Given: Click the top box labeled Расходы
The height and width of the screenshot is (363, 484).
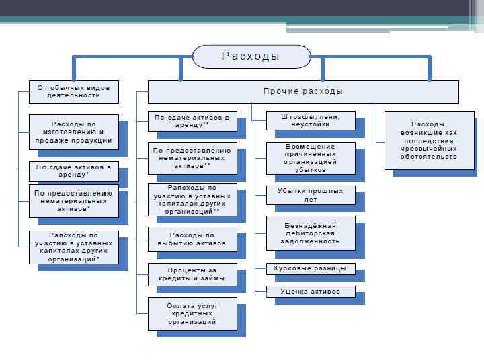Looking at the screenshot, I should click(x=251, y=56).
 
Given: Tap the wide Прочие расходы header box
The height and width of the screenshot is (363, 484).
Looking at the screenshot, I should click(x=303, y=91).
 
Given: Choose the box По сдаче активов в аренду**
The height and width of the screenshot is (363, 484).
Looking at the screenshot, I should click(x=192, y=121).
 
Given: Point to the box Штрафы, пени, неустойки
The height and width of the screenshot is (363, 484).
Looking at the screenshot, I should click(x=311, y=120).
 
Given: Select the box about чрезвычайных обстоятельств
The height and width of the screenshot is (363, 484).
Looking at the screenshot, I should click(x=429, y=140).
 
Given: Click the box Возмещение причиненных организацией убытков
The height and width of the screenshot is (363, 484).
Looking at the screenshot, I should click(x=311, y=157).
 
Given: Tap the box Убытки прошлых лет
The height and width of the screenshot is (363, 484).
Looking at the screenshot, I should click(x=311, y=195).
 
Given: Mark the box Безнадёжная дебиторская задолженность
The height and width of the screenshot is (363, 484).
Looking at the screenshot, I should click(x=311, y=233).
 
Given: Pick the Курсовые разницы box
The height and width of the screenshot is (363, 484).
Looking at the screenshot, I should click(x=311, y=268).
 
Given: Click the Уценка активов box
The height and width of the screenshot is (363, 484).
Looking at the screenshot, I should click(x=311, y=292).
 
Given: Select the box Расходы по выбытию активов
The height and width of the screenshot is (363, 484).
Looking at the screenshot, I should click(x=192, y=239).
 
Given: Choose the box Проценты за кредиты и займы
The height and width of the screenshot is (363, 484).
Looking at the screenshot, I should click(x=192, y=274).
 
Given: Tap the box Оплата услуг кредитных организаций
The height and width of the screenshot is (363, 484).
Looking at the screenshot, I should click(x=192, y=313).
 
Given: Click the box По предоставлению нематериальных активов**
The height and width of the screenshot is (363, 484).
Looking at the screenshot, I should click(x=192, y=158).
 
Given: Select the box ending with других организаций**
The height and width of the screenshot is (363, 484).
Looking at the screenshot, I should click(x=192, y=199).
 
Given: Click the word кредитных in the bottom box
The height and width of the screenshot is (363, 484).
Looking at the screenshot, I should click(x=192, y=313).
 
